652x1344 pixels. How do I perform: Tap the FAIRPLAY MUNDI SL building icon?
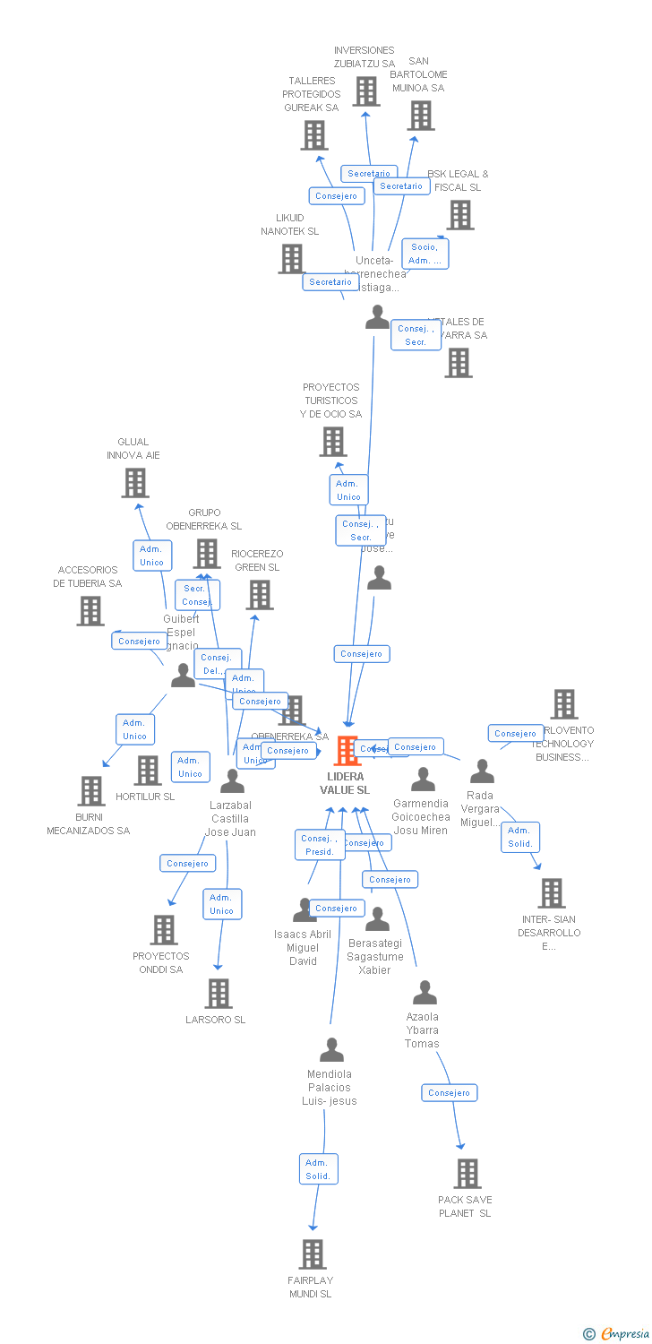(313, 1254)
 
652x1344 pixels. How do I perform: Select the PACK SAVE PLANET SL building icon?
(467, 1174)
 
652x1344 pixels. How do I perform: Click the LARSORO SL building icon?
(219, 994)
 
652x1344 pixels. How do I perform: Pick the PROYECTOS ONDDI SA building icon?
(163, 930)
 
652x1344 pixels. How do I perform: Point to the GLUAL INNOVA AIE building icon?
(134, 483)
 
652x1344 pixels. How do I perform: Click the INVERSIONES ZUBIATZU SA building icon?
(365, 91)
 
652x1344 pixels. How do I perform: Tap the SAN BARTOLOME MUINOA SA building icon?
(421, 116)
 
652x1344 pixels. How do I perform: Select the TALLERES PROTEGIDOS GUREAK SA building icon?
(313, 135)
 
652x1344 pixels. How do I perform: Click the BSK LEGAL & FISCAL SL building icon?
(460, 215)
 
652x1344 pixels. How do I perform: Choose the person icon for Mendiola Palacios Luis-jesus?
(332, 1049)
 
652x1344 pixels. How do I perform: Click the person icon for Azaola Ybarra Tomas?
(425, 992)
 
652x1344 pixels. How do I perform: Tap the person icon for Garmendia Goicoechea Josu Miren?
(423, 780)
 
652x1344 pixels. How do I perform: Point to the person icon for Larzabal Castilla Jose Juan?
(232, 781)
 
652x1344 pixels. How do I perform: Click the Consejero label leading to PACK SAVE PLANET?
(450, 1092)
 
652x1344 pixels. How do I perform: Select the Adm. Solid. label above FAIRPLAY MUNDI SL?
(318, 1169)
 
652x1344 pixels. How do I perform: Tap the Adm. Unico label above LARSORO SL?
(221, 904)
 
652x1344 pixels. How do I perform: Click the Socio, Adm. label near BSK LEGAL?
(425, 254)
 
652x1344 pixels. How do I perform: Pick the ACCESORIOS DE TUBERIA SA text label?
(87, 577)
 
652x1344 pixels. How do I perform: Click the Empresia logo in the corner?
(617, 1334)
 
